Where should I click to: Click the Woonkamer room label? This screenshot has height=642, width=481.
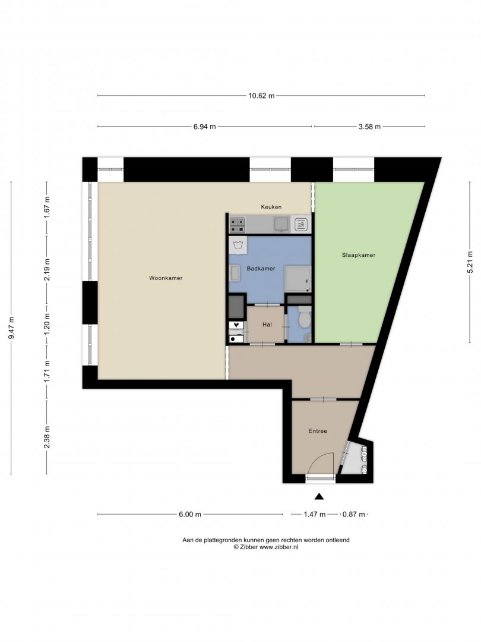coord(166,278)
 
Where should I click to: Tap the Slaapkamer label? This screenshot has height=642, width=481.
coord(359,255)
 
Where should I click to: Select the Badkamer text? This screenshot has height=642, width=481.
coord(261,269)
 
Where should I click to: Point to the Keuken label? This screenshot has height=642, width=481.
coord(271,207)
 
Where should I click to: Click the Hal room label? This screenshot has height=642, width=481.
coord(267,325)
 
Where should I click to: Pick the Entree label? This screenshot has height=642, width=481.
coord(318,431)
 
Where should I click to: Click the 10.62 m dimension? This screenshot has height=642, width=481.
coord(261,96)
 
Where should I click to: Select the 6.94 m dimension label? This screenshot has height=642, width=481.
coord(204,127)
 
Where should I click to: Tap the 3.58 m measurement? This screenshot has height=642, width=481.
coord(370,127)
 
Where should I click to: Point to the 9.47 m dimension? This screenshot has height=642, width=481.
coord(11,328)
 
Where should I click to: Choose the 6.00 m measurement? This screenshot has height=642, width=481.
coord(190,514)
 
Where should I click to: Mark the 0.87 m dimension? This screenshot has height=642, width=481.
coord(354,514)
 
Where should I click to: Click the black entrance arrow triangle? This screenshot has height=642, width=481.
coord(319,496)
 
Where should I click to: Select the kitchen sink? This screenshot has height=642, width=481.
coord(282,224)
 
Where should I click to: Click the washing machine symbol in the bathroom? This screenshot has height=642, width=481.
coord(238,246)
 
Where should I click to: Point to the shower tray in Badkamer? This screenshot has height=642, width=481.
coord(298,279)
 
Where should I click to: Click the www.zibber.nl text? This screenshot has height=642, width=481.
coord(279,547)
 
